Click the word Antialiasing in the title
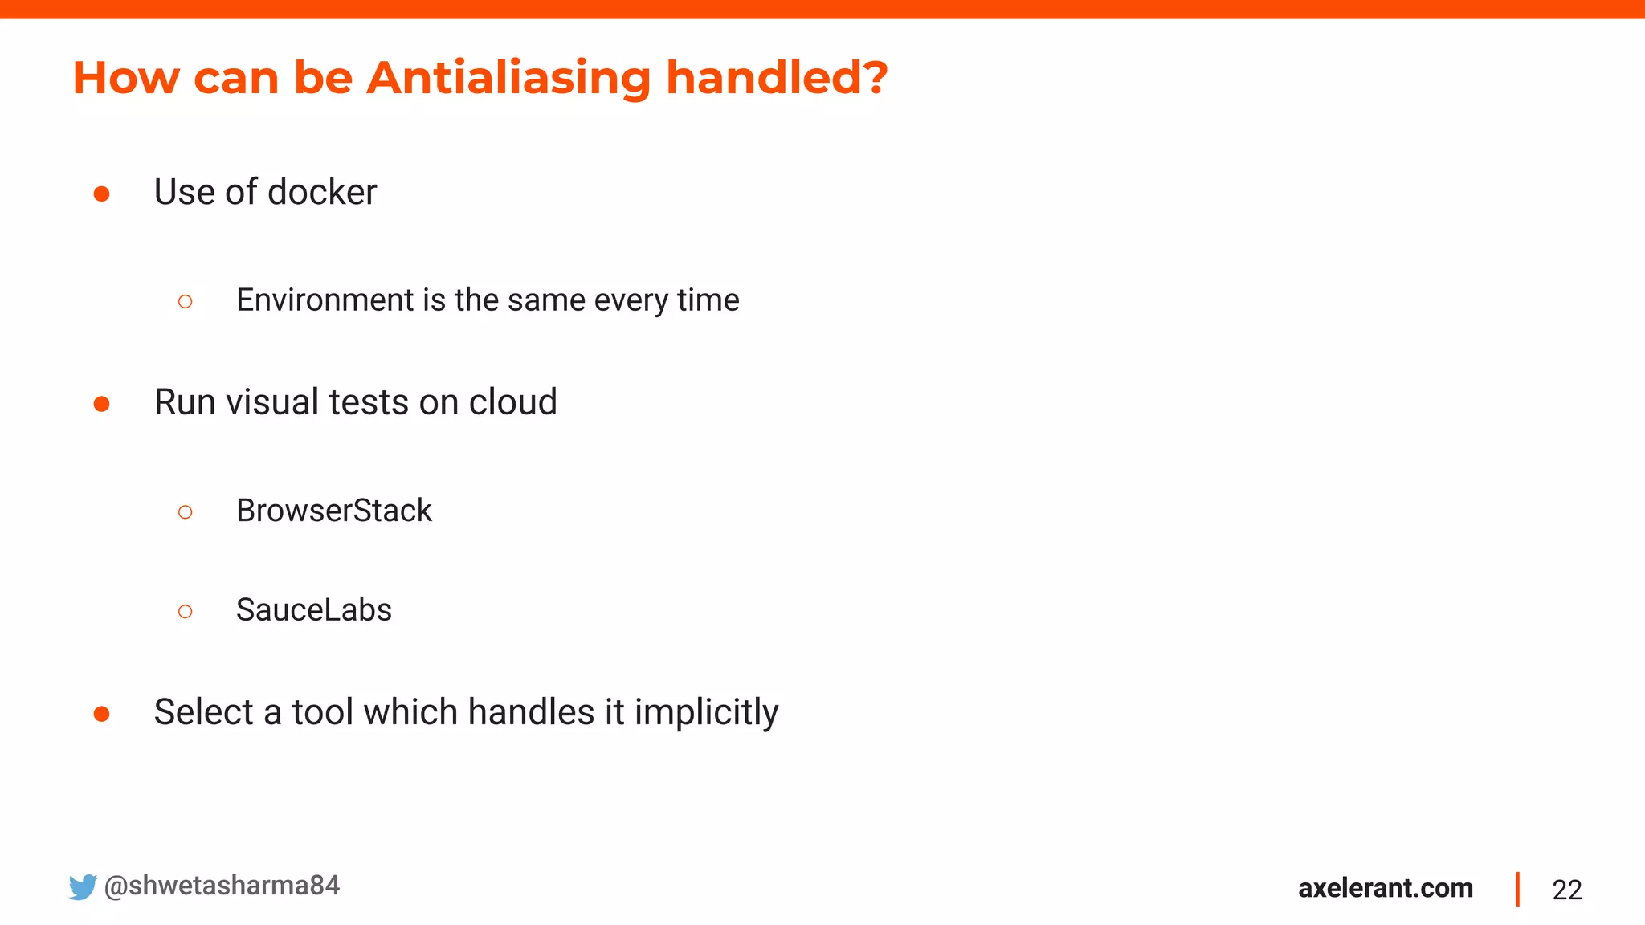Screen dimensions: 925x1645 (x=508, y=79)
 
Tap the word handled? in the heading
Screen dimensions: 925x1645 (x=776, y=79)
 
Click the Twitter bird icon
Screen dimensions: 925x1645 (x=82, y=886)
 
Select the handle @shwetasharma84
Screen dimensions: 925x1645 (x=222, y=886)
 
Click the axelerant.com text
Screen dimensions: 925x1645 (x=1385, y=888)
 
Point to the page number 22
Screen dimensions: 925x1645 (x=1566, y=890)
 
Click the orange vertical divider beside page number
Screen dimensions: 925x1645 (x=1517, y=889)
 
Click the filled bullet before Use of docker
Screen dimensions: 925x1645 (x=101, y=194)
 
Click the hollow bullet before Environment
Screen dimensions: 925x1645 (x=185, y=302)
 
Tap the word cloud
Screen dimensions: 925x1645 (x=512, y=402)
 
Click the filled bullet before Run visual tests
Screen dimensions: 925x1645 (x=101, y=404)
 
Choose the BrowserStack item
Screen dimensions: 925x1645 (x=333, y=511)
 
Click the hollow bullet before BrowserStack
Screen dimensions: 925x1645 (x=185, y=512)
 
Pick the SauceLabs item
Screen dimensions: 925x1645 (x=313, y=610)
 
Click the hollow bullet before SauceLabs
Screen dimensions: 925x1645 (x=185, y=612)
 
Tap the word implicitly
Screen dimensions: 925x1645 (x=705, y=713)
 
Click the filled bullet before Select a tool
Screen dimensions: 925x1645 (x=101, y=714)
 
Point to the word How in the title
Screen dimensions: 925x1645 (x=126, y=79)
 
